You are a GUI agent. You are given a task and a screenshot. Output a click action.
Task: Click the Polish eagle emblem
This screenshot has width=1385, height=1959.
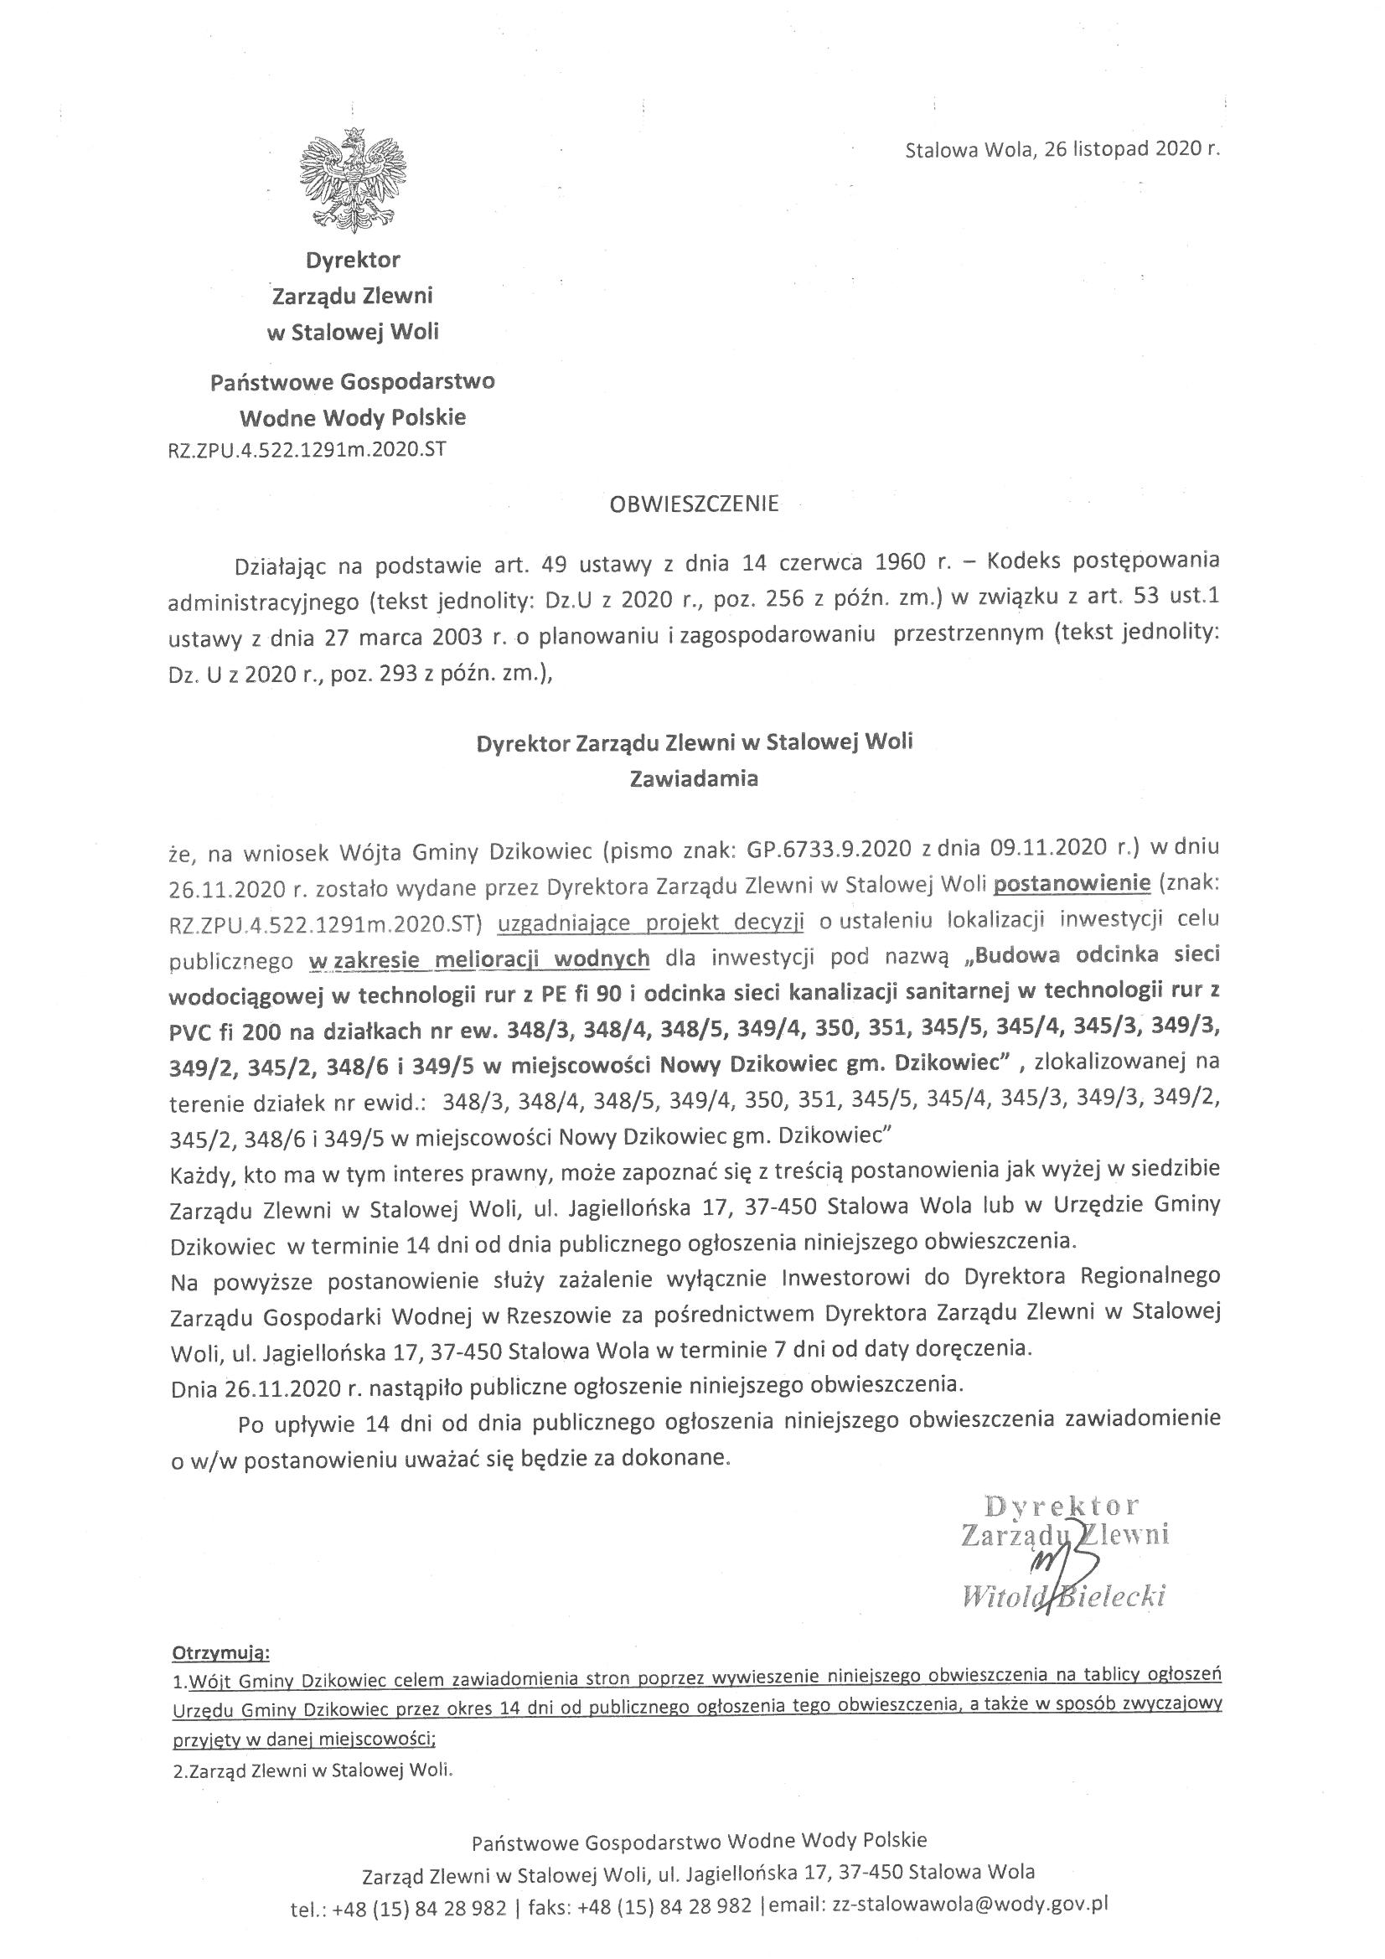tap(353, 180)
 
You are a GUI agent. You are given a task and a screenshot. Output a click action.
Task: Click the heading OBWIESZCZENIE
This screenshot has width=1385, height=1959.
tap(694, 504)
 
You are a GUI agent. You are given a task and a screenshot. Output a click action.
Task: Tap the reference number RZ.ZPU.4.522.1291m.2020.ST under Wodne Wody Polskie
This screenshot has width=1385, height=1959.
tap(307, 450)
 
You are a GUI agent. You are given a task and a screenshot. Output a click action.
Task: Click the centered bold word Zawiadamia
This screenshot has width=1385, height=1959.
tap(693, 778)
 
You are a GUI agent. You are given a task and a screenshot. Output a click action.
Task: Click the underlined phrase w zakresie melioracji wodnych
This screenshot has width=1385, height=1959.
tap(479, 959)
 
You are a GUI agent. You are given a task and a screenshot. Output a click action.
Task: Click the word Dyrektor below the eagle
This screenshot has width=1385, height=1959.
tap(354, 259)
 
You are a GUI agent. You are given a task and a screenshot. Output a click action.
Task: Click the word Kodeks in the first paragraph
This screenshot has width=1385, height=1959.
tap(1026, 562)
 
